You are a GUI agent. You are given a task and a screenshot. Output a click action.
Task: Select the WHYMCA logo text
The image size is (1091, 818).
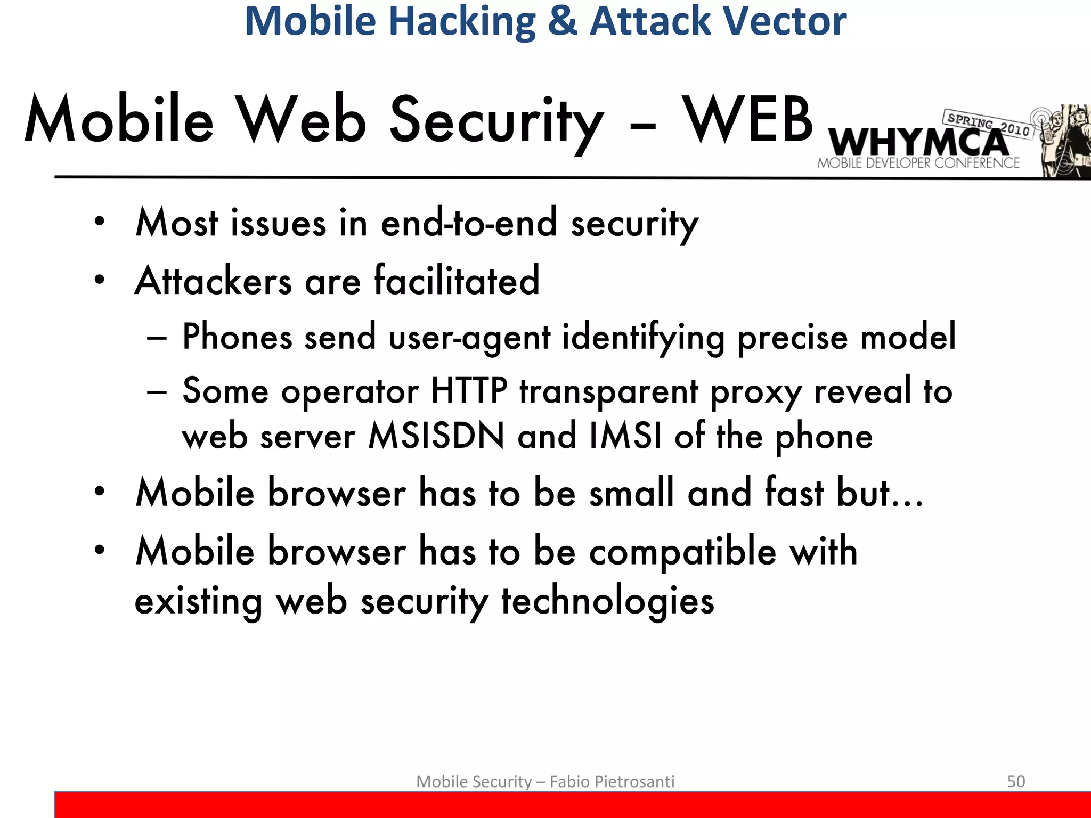pos(919,143)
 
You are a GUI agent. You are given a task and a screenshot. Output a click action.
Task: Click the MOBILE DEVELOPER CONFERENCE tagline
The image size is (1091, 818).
pos(918,163)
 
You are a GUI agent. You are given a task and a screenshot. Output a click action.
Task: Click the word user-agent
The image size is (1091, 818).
pos(469,338)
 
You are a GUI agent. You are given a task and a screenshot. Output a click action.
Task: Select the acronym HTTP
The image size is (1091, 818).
pos(469,391)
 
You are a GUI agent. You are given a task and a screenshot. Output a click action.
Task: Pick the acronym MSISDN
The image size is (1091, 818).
pos(436,436)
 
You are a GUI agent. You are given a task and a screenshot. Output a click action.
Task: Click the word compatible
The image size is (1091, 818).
pos(682,551)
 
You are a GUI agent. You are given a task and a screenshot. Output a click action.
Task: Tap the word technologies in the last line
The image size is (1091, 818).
pos(607,601)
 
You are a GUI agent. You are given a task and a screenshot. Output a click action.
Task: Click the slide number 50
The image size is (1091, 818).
pos(1016,781)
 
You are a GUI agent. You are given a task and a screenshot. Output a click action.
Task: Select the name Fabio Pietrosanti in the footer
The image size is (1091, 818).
pos(612,781)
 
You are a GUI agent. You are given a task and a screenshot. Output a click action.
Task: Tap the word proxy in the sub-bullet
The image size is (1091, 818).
pos(756,392)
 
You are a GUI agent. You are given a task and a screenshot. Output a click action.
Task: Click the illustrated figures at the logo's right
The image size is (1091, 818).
pos(1063,141)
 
